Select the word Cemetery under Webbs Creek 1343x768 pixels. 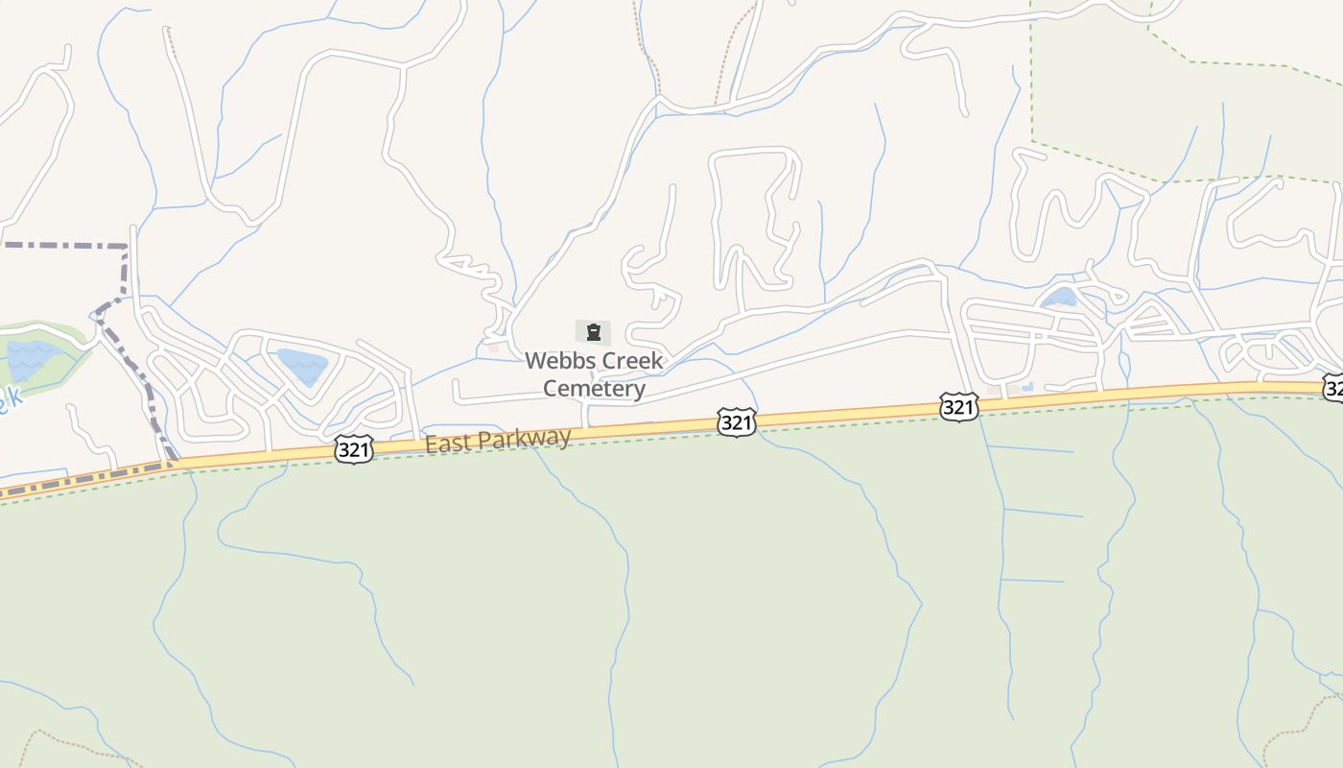pos(594,389)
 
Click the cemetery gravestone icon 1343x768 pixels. pos(594,333)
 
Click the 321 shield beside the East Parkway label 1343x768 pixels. pos(354,449)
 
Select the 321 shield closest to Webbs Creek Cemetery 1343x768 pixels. pos(736,421)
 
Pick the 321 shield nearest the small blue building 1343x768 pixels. pos(958,407)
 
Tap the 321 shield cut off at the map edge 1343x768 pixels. pos(1333,387)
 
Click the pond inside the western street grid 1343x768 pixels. pos(302,366)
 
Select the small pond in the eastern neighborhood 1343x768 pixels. pos(1059,297)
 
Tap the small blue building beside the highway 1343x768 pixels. pos(1027,388)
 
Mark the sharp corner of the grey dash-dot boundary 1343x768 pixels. pos(127,247)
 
